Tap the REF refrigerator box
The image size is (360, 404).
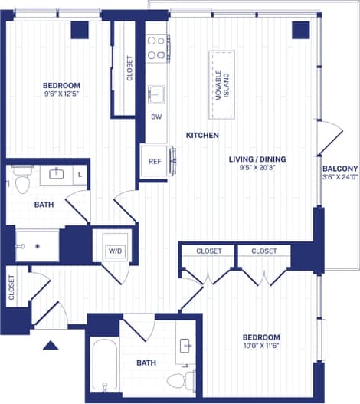(x=155, y=162)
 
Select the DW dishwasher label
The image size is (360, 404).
(x=156, y=117)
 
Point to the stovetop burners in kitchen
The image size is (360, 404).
(x=157, y=48)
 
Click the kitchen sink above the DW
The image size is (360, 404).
(x=156, y=94)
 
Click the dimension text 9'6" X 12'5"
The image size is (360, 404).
(x=61, y=94)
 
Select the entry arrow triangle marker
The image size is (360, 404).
(x=51, y=345)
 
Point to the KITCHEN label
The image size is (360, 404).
(x=202, y=136)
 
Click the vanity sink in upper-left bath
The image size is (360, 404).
(x=56, y=174)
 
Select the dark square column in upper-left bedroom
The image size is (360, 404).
(x=80, y=29)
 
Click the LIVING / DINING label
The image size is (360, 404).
(x=257, y=159)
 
